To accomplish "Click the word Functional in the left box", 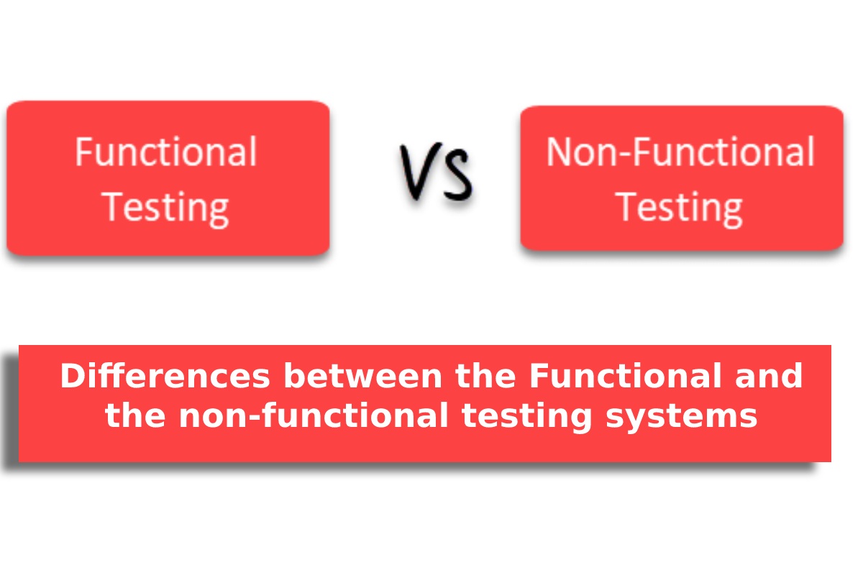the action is pos(166,152).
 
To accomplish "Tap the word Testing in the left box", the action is pos(165,209).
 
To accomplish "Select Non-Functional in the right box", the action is pos(680,152).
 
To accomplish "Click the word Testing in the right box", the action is pos(678,209).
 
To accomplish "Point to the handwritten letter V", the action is pos(421,171).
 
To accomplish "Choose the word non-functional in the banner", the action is pos(314,415).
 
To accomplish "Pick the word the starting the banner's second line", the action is pos(135,415).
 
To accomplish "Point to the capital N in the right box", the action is pos(559,152).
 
